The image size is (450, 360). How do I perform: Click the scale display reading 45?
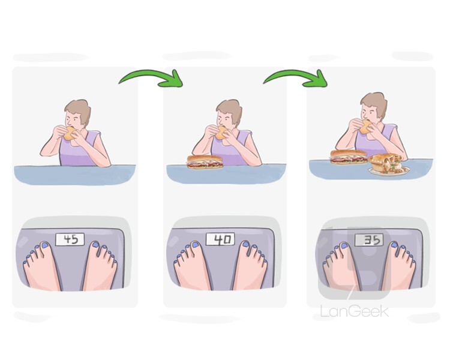(x=70, y=239)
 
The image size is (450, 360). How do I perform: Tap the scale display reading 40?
(x=220, y=239)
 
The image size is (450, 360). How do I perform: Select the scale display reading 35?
(x=370, y=240)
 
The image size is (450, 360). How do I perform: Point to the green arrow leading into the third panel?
(x=296, y=76)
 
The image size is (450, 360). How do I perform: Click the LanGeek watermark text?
(x=355, y=311)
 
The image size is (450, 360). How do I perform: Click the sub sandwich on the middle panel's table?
(x=205, y=162)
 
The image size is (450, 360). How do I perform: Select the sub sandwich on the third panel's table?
(x=349, y=157)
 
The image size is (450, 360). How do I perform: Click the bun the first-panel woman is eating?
(x=70, y=133)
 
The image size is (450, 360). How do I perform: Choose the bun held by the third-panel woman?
(x=365, y=127)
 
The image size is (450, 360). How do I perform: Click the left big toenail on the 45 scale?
(x=45, y=245)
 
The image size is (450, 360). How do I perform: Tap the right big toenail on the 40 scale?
(x=245, y=244)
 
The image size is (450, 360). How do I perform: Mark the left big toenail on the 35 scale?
(x=344, y=246)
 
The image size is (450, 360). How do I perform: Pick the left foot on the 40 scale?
(x=192, y=266)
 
